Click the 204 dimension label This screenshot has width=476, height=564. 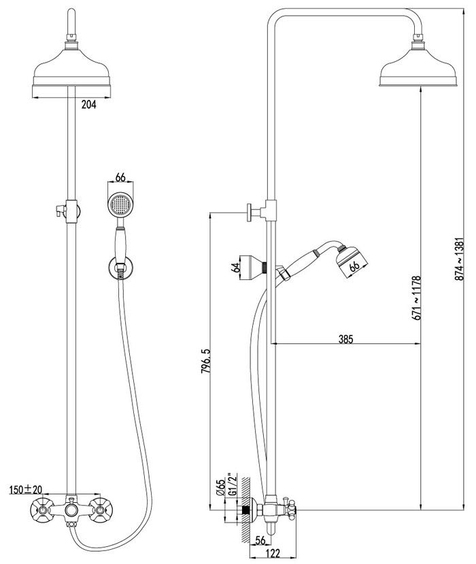[x=89, y=105]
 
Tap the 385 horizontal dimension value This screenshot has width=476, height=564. [x=345, y=339]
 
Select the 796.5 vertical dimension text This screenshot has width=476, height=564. [x=205, y=361]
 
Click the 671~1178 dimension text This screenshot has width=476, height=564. [x=417, y=298]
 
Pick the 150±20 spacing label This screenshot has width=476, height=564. [x=26, y=489]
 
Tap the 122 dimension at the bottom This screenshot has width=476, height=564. [x=273, y=553]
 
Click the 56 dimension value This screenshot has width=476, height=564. [x=260, y=540]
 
